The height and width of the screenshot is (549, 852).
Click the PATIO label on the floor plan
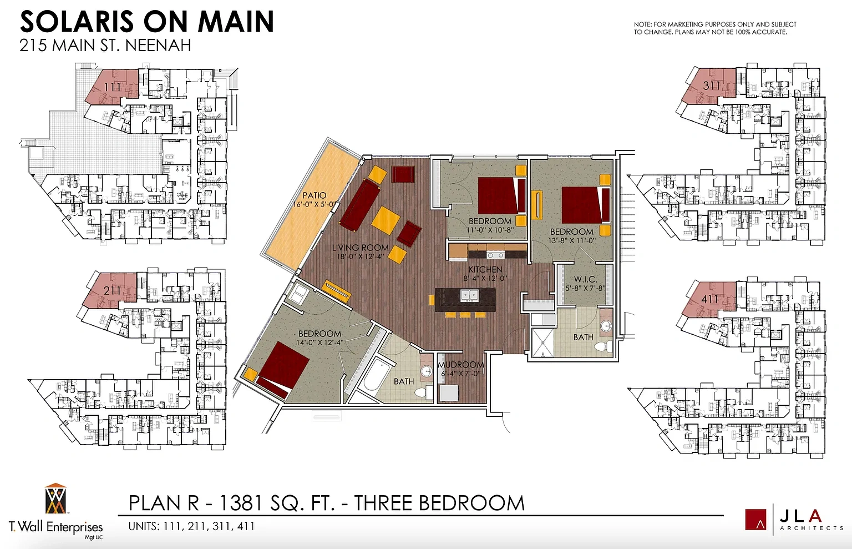pyautogui.click(x=314, y=195)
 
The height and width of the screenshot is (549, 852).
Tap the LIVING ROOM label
pyautogui.click(x=360, y=248)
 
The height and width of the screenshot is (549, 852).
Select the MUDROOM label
pyautogui.click(x=460, y=365)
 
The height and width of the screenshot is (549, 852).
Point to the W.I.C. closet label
pyautogui.click(x=586, y=279)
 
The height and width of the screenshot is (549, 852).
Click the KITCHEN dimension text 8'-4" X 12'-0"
pyautogui.click(x=485, y=278)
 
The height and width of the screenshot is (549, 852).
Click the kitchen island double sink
pyautogui.click(x=468, y=295)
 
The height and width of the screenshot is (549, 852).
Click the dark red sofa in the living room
pyautogui.click(x=360, y=205)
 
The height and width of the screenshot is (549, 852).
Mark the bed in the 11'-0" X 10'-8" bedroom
pyautogui.click(x=501, y=196)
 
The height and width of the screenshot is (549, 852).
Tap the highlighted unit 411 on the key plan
pyautogui.click(x=709, y=299)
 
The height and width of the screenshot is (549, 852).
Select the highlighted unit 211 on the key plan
pyautogui.click(x=111, y=291)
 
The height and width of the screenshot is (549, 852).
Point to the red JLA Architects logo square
pyautogui.click(x=755, y=520)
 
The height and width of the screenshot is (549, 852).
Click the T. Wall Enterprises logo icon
pyautogui.click(x=55, y=498)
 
